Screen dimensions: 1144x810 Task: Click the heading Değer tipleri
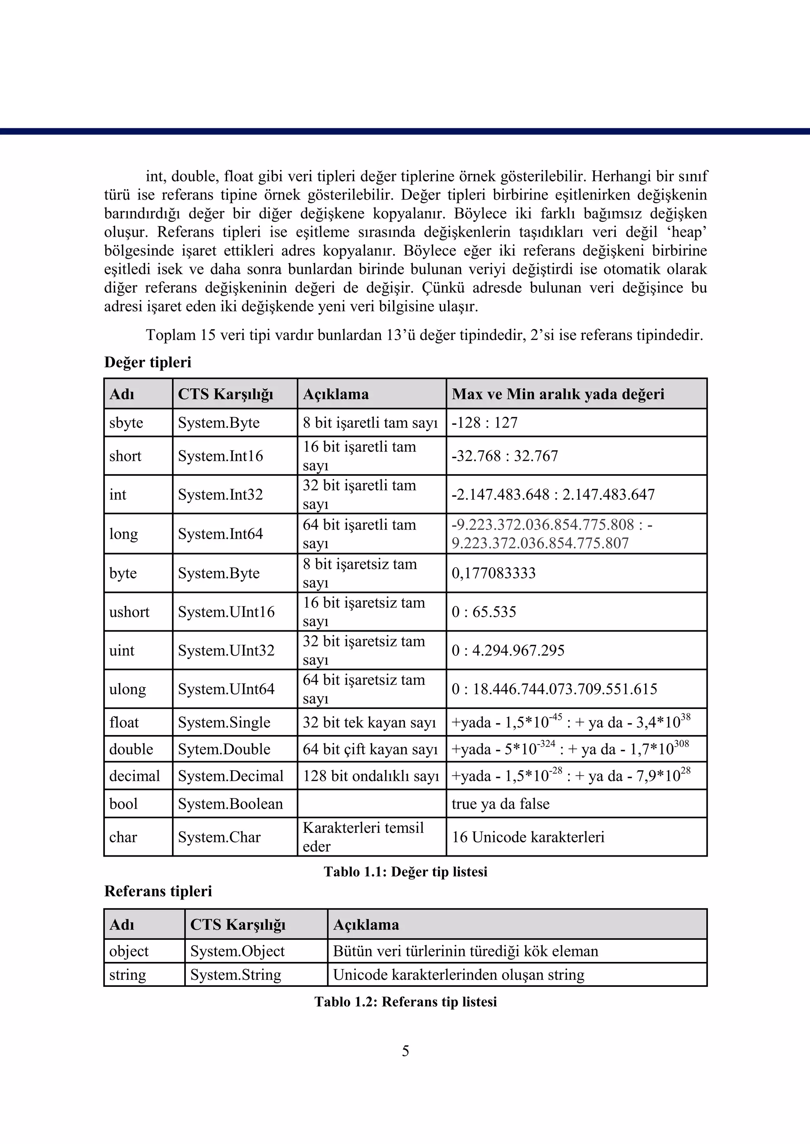point(148,362)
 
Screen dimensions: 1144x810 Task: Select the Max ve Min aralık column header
point(558,394)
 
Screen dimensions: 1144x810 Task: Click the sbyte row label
point(126,423)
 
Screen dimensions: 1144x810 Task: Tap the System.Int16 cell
point(220,456)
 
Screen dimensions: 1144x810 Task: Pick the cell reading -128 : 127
point(484,423)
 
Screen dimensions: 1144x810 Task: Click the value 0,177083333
point(493,573)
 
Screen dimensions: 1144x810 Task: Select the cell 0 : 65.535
point(484,612)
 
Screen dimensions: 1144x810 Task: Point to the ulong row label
point(128,689)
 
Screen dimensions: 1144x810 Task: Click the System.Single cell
point(224,722)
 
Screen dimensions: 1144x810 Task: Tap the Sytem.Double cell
point(224,749)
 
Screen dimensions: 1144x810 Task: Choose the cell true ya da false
point(500,804)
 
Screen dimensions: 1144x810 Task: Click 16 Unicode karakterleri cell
point(528,837)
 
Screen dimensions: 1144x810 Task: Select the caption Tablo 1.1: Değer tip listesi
point(405,872)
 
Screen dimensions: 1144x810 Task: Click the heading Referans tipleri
point(158,891)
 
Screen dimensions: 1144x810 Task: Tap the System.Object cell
point(237,951)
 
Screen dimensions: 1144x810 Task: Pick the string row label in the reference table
point(128,975)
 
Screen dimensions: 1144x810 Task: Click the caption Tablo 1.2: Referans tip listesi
point(405,1002)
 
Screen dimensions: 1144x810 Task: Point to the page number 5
point(405,1051)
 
